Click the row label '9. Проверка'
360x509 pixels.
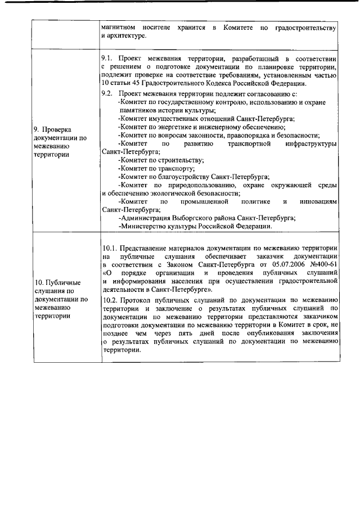[55, 128]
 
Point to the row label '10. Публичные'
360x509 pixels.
[57, 282]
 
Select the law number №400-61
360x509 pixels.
[322, 264]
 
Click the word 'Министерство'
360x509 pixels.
[143, 227]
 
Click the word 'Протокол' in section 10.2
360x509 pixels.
[135, 300]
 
